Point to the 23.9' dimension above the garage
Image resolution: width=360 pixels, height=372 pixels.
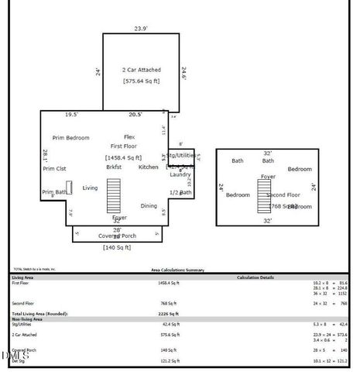point(140,29)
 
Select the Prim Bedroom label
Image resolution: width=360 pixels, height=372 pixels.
point(70,137)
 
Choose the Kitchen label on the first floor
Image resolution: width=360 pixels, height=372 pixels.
point(148,167)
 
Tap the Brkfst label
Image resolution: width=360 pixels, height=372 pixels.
point(114,167)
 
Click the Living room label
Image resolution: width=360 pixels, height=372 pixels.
point(91,188)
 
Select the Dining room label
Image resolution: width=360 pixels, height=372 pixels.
point(149,205)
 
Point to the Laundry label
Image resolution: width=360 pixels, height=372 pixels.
point(180,174)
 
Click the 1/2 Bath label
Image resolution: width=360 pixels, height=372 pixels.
point(180,192)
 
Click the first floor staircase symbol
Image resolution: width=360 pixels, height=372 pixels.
point(114,195)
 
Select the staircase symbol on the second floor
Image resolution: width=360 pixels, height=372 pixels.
point(264,195)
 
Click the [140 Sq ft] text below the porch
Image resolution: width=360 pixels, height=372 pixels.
point(117,247)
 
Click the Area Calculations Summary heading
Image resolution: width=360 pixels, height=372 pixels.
point(177,270)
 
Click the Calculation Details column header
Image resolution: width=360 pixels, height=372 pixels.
point(256,277)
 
